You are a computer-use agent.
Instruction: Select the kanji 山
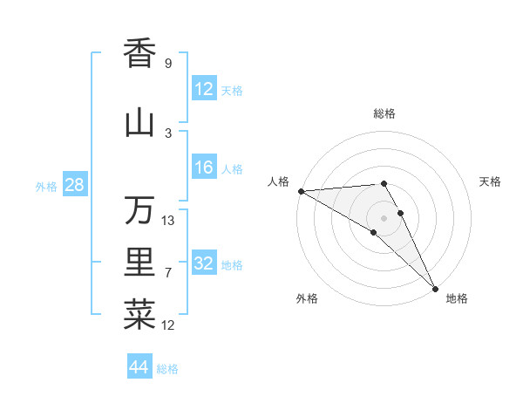(x=139, y=123)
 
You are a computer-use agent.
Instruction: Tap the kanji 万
(x=139, y=209)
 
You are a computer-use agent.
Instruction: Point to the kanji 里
(x=139, y=263)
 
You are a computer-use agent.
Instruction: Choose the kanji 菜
(x=139, y=315)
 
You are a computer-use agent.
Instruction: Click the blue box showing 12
(x=204, y=89)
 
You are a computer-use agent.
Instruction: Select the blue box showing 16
(x=204, y=167)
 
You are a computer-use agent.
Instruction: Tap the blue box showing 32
(x=204, y=263)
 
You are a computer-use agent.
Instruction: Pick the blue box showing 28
(x=74, y=185)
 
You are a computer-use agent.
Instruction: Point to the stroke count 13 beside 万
(x=168, y=221)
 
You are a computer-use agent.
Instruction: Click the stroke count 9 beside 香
(x=168, y=64)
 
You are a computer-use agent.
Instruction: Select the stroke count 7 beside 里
(x=168, y=273)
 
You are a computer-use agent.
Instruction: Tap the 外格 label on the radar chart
(x=307, y=299)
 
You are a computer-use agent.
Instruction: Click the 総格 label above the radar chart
(x=384, y=113)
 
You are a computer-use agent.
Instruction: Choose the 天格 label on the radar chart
(x=491, y=181)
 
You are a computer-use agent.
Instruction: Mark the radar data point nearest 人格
(x=301, y=191)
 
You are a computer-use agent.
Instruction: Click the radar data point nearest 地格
(x=434, y=287)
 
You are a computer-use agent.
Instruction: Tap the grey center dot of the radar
(x=384, y=217)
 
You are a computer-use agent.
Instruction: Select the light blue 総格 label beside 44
(x=167, y=369)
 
